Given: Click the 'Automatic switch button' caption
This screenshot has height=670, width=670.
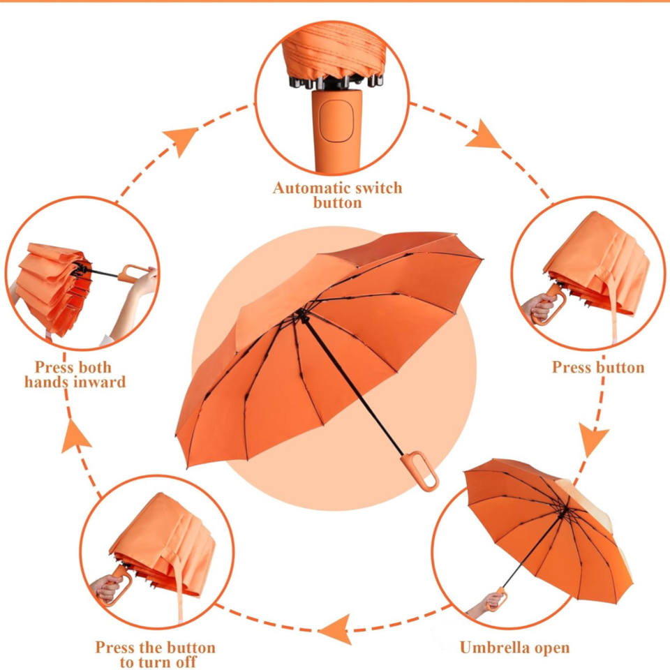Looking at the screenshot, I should point(337,195).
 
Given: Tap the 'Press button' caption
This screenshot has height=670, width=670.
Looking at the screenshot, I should point(598,367).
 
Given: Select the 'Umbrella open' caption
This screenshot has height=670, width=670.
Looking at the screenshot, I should point(514,647).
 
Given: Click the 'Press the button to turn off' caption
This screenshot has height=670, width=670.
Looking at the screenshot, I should point(156,655).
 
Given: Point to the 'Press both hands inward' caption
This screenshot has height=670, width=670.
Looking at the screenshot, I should point(75,375).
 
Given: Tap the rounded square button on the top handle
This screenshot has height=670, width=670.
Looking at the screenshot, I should point(337,118).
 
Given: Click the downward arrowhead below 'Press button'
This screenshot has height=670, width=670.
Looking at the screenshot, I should point(595,441).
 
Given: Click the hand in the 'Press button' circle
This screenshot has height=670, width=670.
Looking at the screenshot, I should point(540,306).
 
